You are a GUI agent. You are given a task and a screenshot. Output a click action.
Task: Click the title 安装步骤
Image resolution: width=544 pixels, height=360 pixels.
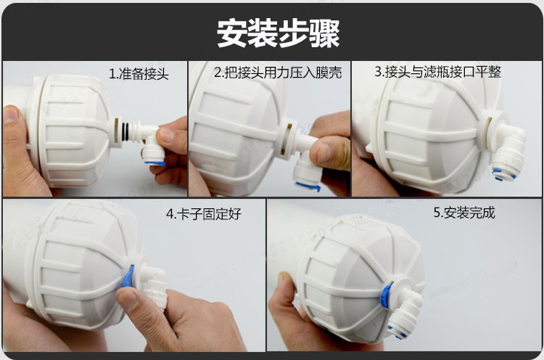[279, 33]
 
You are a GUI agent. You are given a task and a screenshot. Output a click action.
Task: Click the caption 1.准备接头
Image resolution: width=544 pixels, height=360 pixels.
[139, 74]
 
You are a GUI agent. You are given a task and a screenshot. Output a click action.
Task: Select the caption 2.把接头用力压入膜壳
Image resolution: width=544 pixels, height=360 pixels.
[278, 72]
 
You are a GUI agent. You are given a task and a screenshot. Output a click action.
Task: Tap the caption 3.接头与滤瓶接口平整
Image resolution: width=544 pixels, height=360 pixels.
[438, 72]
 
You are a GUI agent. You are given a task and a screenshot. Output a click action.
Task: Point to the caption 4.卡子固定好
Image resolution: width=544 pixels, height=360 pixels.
[203, 214]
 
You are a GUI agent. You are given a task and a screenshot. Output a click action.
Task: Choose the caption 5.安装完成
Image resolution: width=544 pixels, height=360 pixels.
[464, 213]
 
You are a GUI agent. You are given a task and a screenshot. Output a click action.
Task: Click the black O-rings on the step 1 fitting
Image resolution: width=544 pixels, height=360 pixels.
[126, 131]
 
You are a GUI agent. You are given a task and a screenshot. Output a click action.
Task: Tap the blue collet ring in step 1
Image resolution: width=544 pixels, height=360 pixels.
[154, 163]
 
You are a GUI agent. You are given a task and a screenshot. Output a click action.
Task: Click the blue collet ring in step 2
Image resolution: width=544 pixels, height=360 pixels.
[307, 187]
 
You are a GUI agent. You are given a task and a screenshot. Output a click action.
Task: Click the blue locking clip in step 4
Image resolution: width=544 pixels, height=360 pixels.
[128, 276]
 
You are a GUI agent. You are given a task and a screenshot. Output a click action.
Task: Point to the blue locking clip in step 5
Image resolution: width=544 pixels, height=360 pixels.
[385, 295]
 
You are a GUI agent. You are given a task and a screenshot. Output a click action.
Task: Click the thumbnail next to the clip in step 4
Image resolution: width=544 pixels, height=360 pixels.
[128, 298]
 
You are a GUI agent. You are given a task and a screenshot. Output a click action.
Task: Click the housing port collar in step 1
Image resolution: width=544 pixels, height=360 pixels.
[117, 131]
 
